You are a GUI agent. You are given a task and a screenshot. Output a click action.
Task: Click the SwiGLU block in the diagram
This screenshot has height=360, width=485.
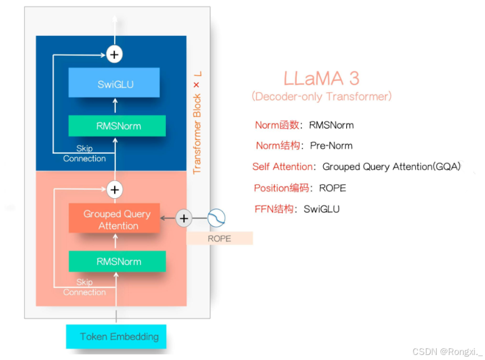(114, 83)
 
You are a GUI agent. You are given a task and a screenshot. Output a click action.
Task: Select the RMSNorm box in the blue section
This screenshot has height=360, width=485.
(117, 126)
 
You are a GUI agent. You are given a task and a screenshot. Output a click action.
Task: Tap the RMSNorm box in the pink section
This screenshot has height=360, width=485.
(117, 261)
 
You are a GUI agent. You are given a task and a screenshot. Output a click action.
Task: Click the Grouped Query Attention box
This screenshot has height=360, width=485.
(114, 218)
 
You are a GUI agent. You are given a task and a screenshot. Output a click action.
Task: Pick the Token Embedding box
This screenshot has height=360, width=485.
(116, 336)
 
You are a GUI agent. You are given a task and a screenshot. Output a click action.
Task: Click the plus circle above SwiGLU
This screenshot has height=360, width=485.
(115, 54)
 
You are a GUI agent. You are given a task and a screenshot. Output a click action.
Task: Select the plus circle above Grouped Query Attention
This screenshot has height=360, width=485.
(115, 190)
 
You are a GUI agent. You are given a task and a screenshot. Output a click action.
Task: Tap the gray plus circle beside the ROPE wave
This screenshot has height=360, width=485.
(184, 218)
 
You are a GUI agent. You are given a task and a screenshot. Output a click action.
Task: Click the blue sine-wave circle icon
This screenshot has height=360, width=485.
(216, 218)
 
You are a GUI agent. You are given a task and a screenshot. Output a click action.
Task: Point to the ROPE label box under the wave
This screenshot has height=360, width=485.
(220, 238)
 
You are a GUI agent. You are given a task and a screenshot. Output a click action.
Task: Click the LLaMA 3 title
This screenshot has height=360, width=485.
(321, 78)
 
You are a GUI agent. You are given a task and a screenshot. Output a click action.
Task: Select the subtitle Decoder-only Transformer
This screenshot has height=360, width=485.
(321, 97)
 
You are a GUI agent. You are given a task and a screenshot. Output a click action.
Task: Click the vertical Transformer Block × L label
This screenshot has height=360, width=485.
(197, 122)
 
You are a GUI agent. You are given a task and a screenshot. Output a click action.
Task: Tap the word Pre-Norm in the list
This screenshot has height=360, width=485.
(331, 145)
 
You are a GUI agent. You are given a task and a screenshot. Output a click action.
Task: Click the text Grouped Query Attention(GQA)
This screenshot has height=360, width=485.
(392, 167)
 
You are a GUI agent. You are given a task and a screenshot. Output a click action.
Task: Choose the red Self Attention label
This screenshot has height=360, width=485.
(282, 167)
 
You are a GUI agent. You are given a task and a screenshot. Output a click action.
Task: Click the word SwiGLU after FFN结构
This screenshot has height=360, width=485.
(321, 209)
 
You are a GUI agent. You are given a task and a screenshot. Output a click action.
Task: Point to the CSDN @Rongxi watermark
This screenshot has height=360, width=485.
(447, 352)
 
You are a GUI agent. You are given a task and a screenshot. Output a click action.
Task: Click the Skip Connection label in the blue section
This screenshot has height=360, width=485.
(84, 153)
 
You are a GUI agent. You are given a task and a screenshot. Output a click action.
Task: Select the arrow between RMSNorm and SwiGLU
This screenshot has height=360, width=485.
(115, 106)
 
